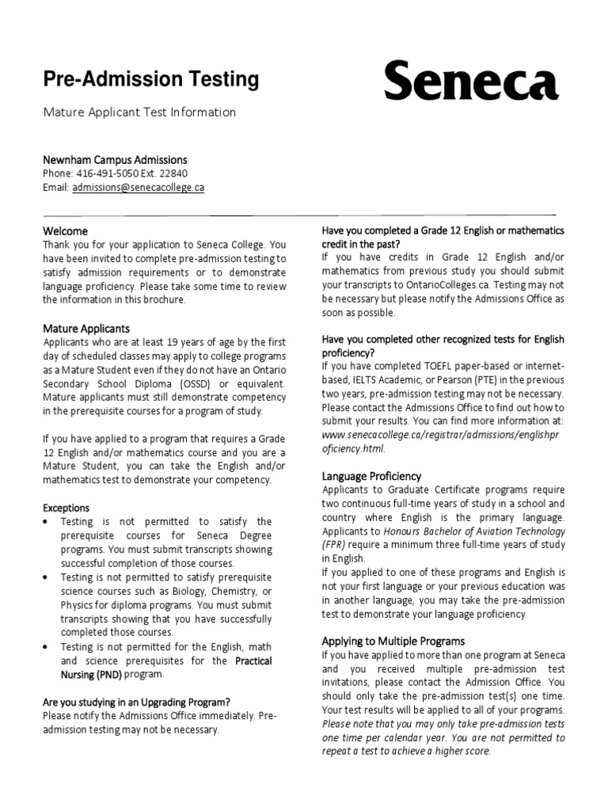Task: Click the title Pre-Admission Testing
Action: click(150, 79)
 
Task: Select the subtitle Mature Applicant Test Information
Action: click(139, 112)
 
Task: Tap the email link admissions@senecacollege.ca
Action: click(138, 188)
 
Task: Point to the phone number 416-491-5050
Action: click(109, 173)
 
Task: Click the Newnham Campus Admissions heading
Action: click(115, 160)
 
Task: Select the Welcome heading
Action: click(66, 230)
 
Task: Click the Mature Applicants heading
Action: click(86, 328)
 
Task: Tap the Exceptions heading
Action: click(66, 508)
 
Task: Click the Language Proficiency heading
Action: click(371, 476)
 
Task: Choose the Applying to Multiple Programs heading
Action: click(393, 641)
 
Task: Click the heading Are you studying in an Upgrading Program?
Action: click(137, 702)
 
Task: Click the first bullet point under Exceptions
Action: click(49, 522)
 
